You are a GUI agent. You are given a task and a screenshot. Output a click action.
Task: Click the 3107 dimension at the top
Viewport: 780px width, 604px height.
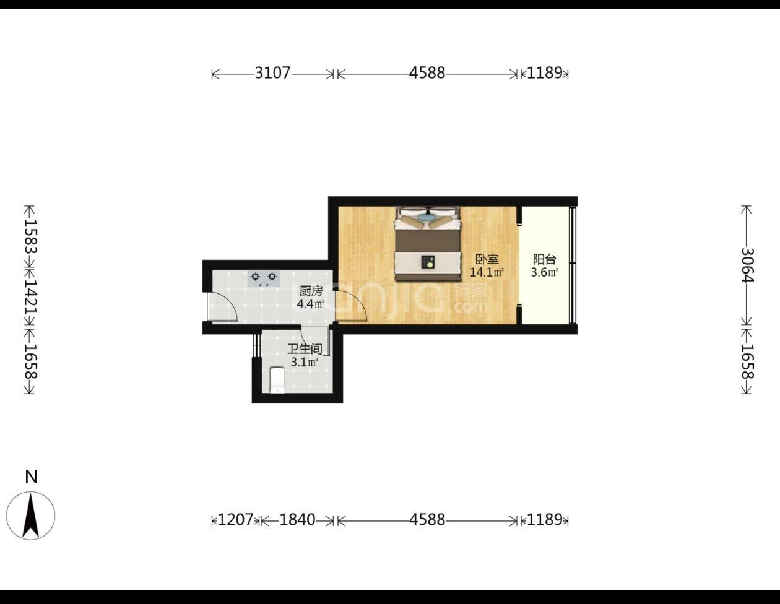[272, 73]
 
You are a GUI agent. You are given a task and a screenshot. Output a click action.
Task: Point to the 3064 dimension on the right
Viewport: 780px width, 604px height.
[748, 265]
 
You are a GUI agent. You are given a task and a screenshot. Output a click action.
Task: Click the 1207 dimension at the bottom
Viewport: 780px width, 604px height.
[235, 520]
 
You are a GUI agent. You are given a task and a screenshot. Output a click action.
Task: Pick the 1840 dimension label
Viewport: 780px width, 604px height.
[297, 520]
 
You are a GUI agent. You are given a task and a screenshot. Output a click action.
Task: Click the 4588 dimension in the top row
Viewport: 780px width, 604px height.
[427, 73]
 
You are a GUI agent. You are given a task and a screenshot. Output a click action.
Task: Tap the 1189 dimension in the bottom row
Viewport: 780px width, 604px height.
[544, 520]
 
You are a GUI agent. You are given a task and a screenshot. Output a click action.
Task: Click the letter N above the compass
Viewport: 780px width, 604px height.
[31, 477]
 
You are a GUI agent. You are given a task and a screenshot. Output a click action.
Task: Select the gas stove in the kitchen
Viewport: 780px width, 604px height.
[264, 278]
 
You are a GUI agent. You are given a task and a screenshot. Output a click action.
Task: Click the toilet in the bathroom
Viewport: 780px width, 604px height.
[277, 380]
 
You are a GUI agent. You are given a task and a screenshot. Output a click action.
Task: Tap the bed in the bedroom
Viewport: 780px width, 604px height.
[428, 244]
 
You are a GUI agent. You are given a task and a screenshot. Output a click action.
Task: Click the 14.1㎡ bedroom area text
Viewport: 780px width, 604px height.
[487, 272]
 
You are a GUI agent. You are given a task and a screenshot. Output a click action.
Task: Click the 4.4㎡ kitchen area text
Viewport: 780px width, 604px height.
[311, 304]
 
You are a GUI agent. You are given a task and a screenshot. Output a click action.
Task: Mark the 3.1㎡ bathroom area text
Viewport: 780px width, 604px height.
[305, 362]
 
